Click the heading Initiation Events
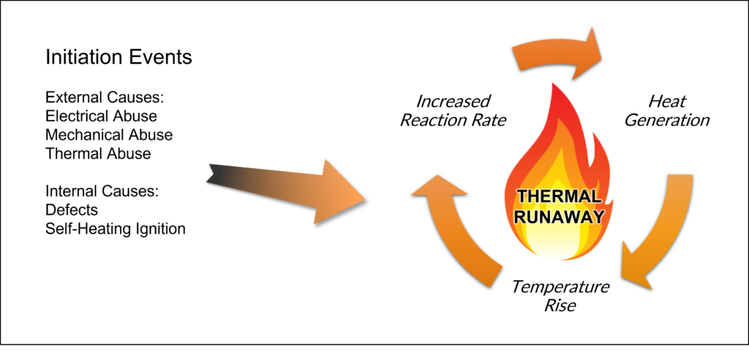118,58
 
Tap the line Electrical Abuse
101,116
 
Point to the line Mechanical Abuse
109,135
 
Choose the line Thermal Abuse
98,154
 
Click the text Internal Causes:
102,192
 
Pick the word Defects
72,211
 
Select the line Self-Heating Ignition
115,229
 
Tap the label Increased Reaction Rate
453,110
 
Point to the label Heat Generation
667,110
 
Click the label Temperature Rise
560,295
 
